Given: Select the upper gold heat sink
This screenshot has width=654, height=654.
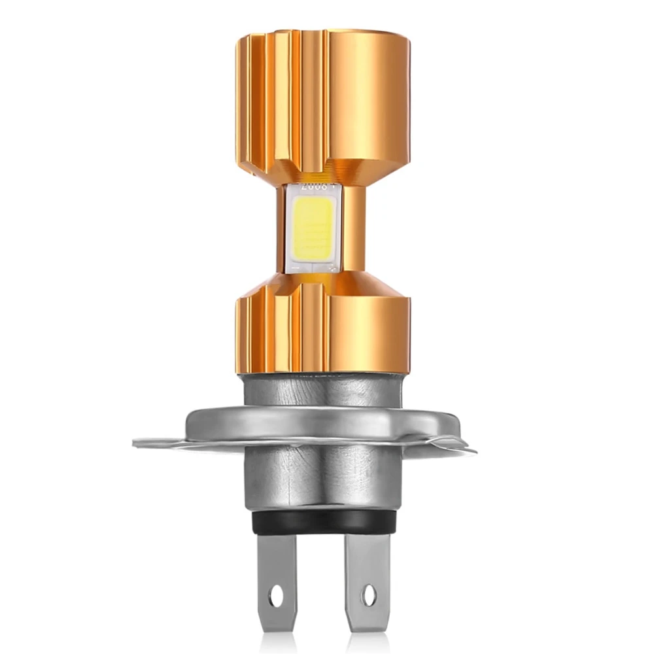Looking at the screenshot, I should click(324, 98).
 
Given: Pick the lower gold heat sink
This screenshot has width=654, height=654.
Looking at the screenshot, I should click(324, 324).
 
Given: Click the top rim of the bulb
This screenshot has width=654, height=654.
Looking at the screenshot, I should click(324, 33).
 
